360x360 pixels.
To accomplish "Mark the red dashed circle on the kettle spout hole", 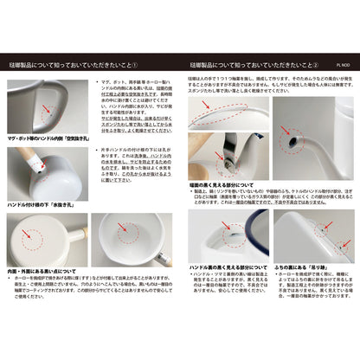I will click(293, 138).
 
